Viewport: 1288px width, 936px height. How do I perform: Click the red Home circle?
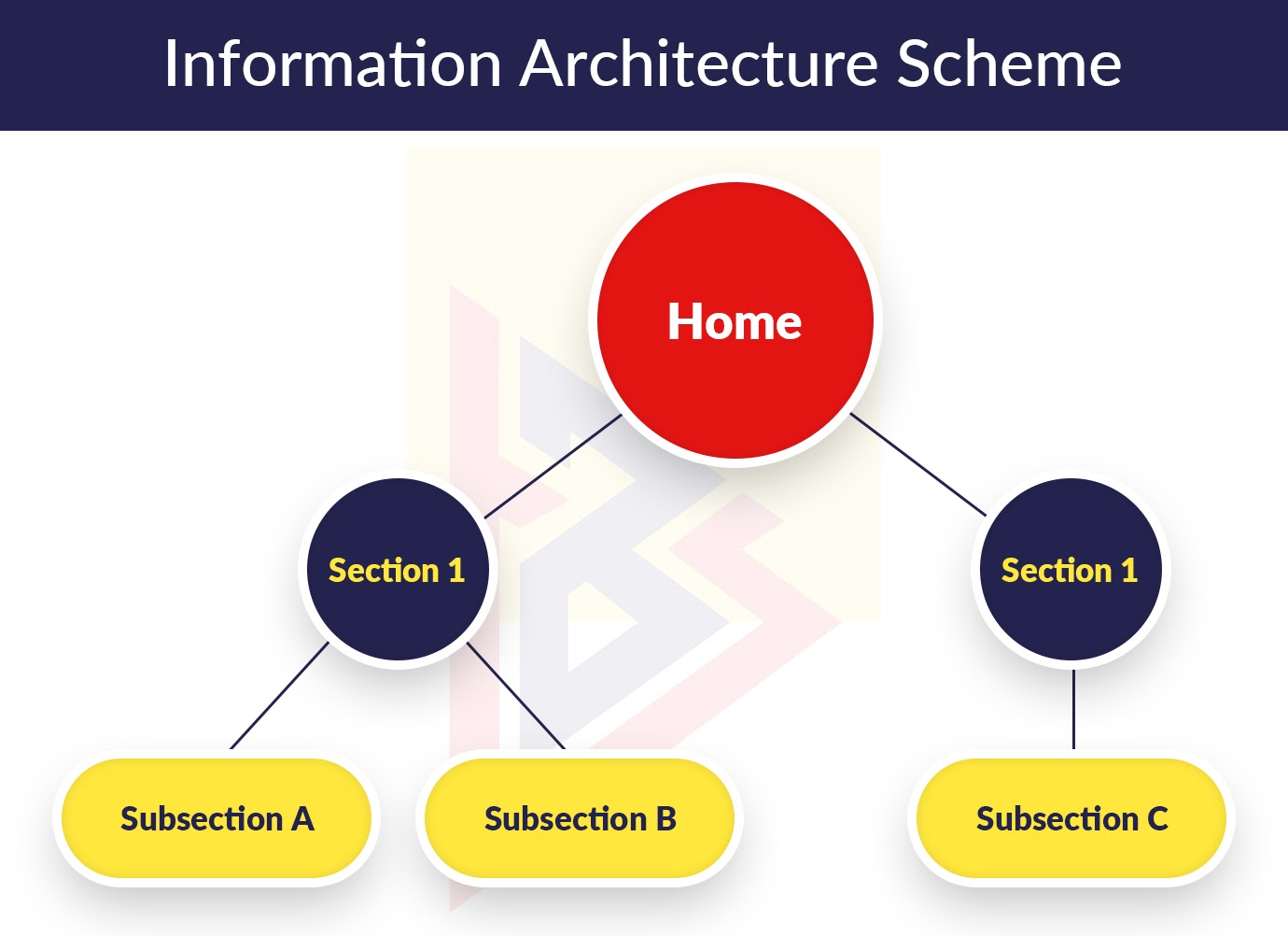click(735, 320)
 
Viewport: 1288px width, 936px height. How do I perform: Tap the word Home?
click(735, 321)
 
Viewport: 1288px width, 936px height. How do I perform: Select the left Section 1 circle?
click(398, 569)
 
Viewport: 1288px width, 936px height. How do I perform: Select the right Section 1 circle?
click(1071, 569)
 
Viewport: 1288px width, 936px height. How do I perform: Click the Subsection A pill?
click(217, 818)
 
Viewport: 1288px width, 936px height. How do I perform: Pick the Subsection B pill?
click(580, 818)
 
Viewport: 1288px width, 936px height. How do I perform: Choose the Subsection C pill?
click(1071, 818)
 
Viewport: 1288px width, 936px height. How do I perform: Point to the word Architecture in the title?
click(699, 63)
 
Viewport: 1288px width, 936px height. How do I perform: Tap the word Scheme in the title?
click(1009, 63)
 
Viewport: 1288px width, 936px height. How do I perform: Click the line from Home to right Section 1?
click(918, 464)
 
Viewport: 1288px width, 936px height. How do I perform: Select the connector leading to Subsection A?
click(279, 695)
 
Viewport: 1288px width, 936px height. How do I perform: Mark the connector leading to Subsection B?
click(516, 695)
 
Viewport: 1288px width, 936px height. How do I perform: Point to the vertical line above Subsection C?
click(1073, 709)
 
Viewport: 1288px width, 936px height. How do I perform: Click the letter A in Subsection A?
click(302, 818)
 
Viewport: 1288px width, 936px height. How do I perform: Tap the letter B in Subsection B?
click(665, 818)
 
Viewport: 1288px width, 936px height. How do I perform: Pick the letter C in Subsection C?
click(1157, 818)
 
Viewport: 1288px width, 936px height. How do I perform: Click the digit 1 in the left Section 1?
click(456, 571)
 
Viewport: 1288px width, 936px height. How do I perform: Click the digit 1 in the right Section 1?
click(1129, 571)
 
